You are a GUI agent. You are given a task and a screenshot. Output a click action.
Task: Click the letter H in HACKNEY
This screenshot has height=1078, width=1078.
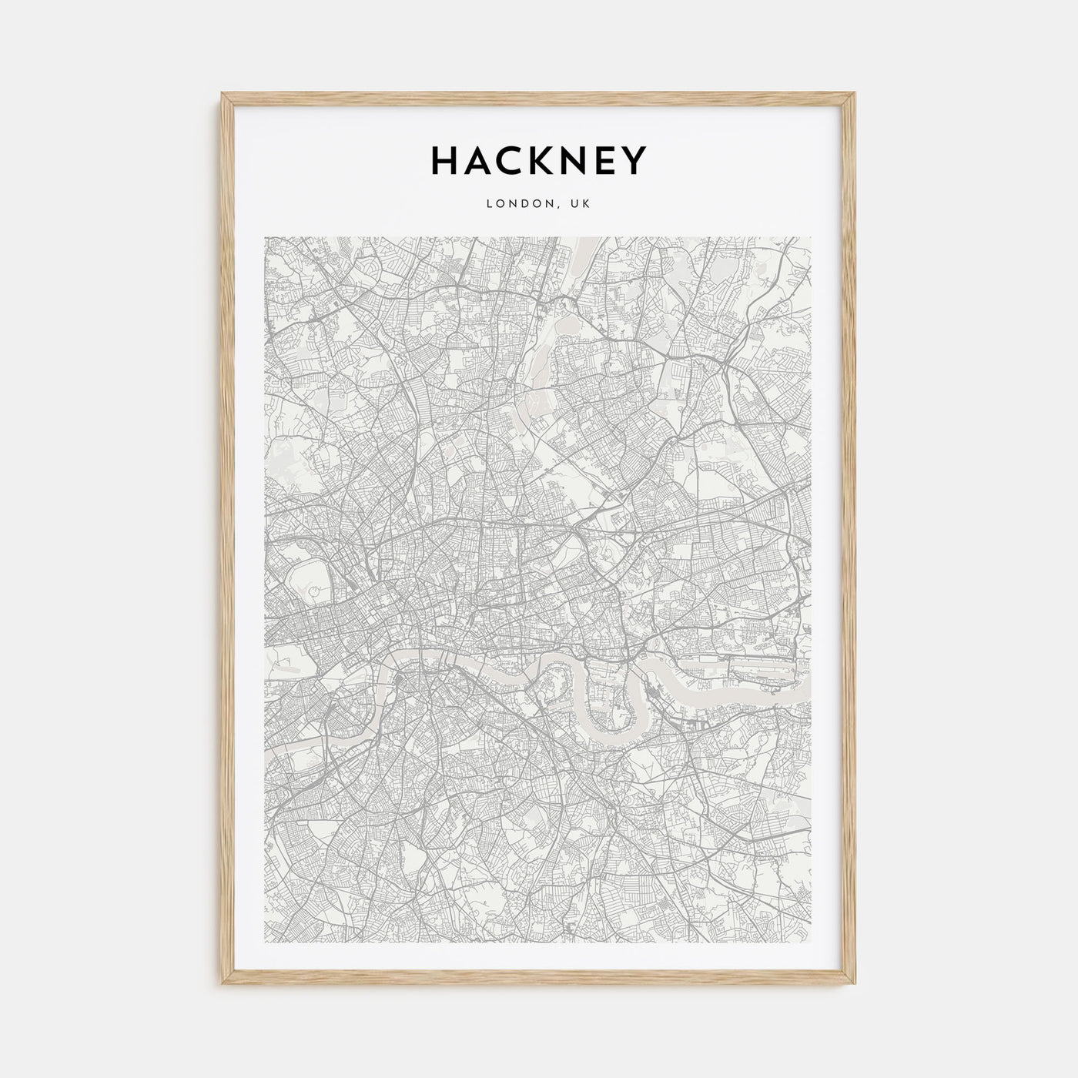(x=445, y=161)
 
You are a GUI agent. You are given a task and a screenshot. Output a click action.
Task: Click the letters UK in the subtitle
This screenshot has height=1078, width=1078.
(x=581, y=204)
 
